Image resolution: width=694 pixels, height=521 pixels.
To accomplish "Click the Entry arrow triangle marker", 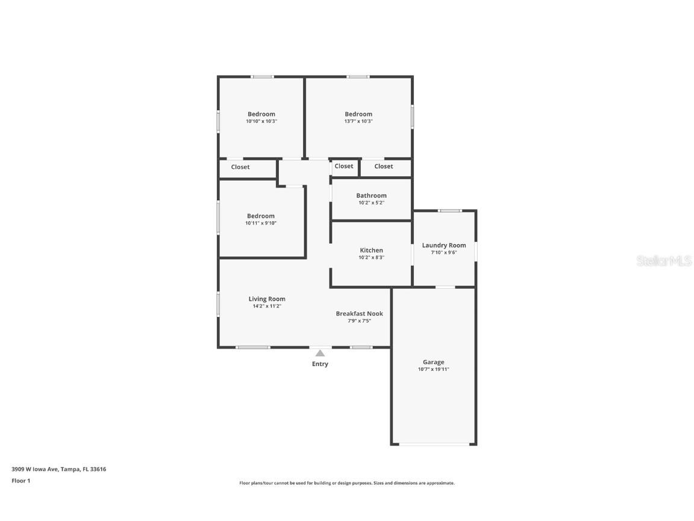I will click(x=320, y=353).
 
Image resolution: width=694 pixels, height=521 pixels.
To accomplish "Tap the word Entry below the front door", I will click(x=320, y=364).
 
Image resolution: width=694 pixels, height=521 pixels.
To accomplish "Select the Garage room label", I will click(x=433, y=362).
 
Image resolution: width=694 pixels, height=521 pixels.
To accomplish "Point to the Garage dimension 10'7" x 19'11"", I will click(x=433, y=370).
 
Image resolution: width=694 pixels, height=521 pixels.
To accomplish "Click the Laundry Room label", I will click(x=443, y=245).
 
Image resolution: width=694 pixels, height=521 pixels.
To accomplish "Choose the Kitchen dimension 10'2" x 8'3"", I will click(x=371, y=257).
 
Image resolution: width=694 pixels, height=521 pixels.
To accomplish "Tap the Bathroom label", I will click(x=371, y=195).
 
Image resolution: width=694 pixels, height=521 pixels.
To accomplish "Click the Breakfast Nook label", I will click(x=359, y=314).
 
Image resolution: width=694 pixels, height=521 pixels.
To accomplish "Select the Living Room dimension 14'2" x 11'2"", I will click(x=267, y=306).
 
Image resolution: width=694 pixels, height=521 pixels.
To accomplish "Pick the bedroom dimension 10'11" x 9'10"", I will click(x=261, y=223).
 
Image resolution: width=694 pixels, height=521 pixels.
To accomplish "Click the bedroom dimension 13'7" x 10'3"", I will click(x=358, y=121).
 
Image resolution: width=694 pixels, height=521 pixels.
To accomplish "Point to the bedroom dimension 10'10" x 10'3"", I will click(x=261, y=121).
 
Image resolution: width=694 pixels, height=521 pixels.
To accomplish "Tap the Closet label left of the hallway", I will click(x=240, y=167).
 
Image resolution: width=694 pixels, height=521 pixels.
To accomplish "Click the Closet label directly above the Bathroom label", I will click(x=344, y=166).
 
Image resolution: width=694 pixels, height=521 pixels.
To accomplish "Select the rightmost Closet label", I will click(x=384, y=166).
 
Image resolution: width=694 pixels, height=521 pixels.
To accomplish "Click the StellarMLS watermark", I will click(x=664, y=260).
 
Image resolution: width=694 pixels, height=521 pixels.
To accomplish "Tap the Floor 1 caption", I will click(x=20, y=481).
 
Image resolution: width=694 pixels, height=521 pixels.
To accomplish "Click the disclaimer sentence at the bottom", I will click(x=346, y=483).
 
